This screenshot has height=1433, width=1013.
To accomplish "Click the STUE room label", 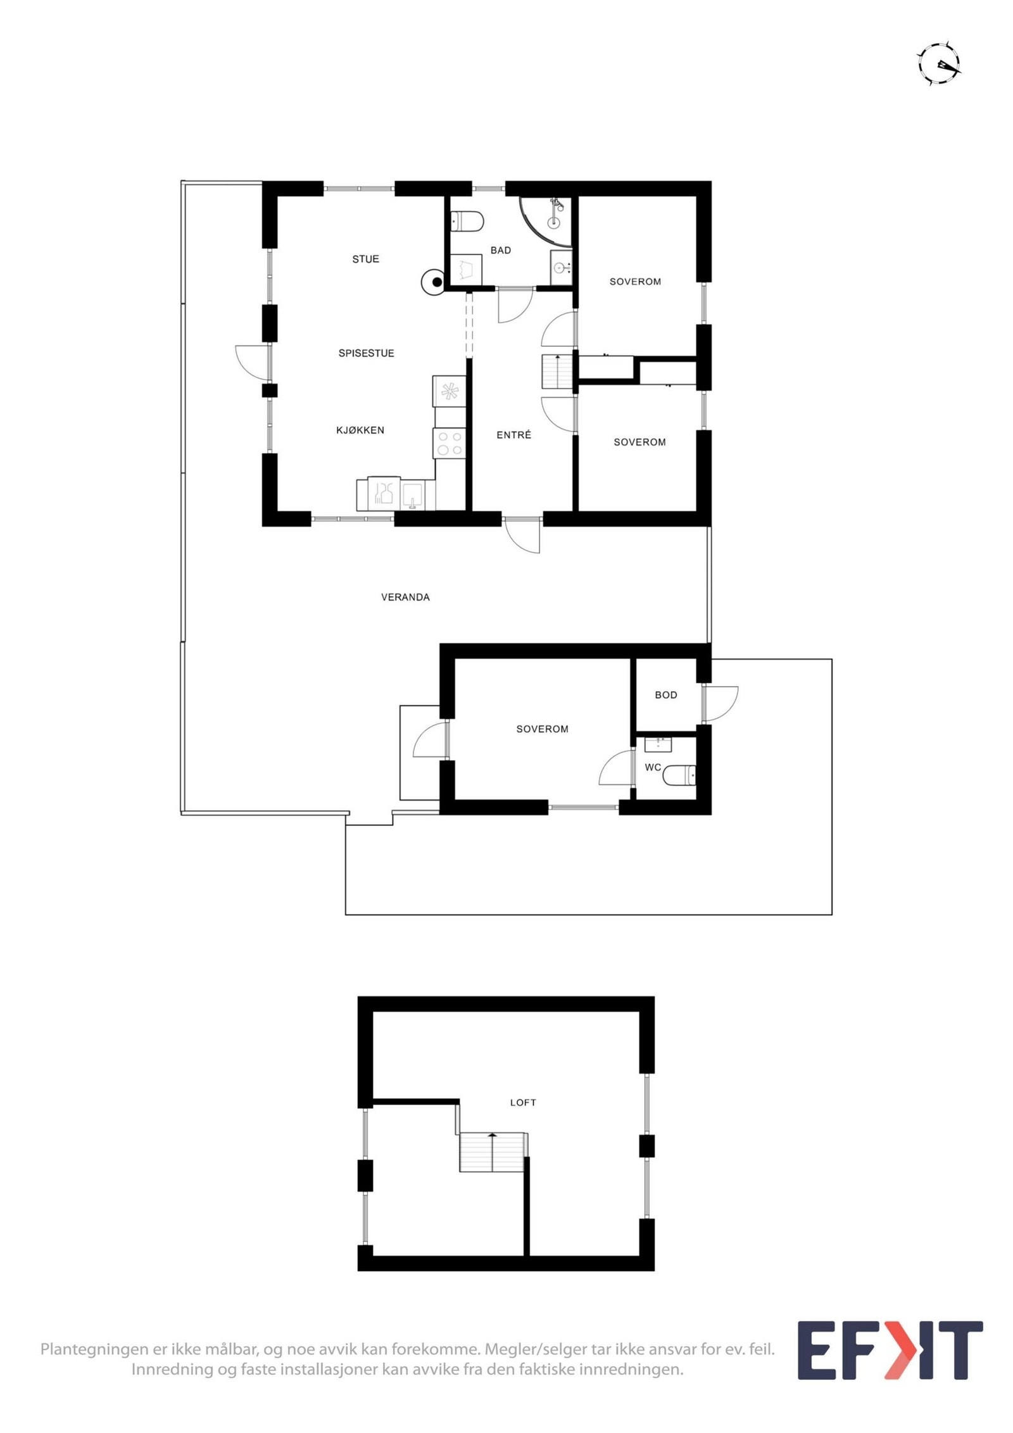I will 365,259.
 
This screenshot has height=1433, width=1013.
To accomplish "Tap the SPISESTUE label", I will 366,353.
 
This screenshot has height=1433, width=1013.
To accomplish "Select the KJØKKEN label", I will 360,430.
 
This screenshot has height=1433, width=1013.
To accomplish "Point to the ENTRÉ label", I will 513,435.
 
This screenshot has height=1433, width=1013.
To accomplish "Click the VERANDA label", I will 405,597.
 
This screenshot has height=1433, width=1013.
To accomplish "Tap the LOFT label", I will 523,1102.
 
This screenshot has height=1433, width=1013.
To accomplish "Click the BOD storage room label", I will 665,695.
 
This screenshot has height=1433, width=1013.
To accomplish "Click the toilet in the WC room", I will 680,775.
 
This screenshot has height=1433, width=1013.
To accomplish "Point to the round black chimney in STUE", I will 436,282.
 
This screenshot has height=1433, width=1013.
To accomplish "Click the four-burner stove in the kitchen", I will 449,443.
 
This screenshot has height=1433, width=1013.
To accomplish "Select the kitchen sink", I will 412,494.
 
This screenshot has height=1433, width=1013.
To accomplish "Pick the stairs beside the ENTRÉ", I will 557,372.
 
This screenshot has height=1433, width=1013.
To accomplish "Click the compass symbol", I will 940,64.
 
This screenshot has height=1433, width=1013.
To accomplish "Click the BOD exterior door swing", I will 720,703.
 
